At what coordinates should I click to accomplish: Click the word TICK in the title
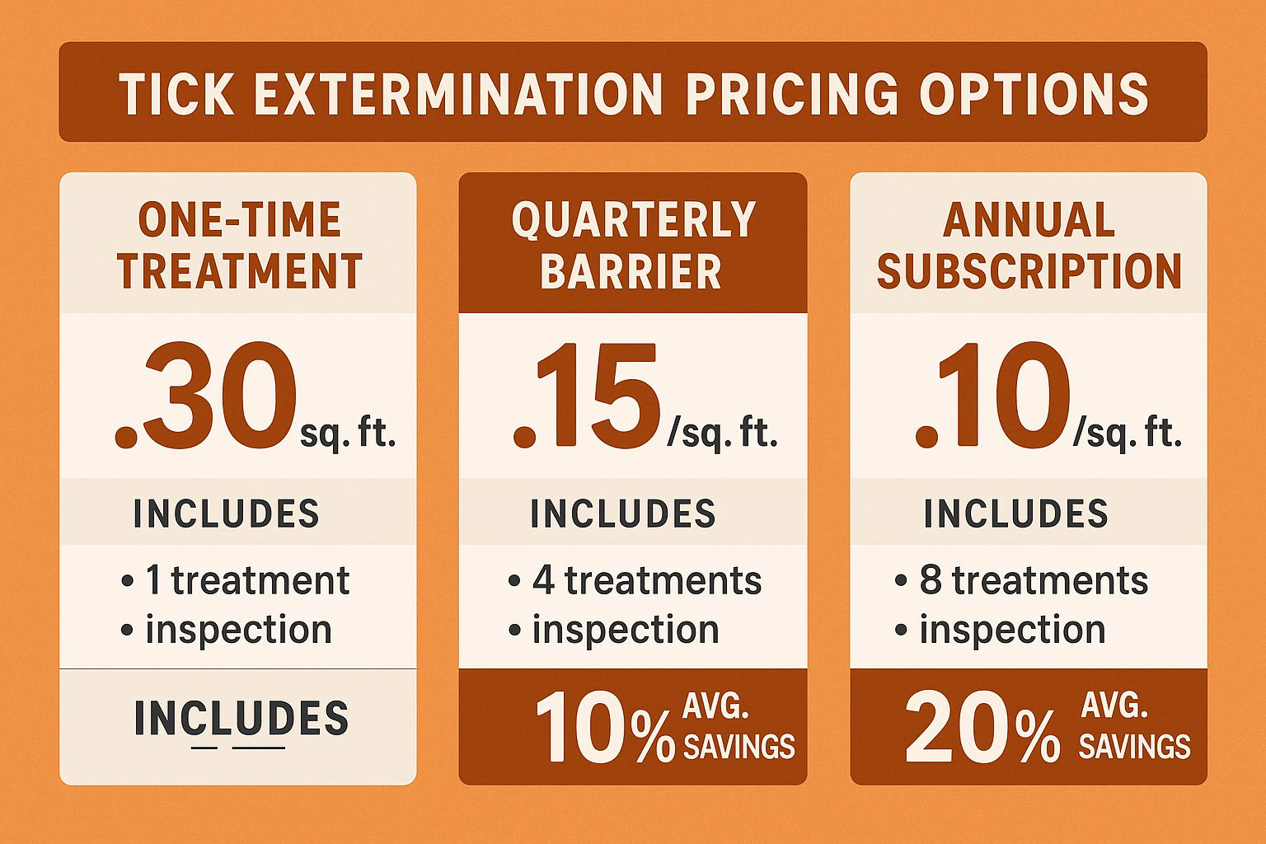tap(176, 94)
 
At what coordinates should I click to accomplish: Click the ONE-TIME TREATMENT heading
tap(239, 246)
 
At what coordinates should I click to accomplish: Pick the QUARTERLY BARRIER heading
tap(632, 246)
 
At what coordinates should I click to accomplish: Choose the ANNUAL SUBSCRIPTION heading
tap(1029, 246)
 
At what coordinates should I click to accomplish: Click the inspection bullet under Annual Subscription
tap(1011, 631)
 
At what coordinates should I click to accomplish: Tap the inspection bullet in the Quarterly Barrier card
tap(625, 631)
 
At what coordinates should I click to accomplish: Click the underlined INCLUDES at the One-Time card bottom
tap(241, 719)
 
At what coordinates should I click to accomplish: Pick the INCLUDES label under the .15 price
tap(623, 514)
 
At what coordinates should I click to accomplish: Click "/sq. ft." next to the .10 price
tap(1128, 432)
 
